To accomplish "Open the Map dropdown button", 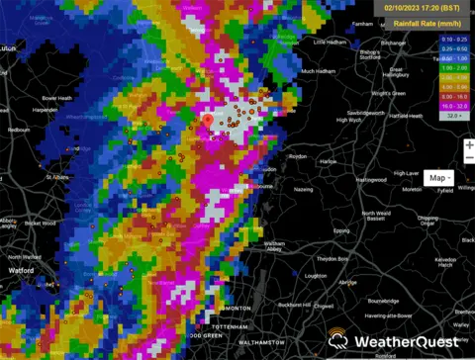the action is [438, 178].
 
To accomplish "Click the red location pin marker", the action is [208, 122].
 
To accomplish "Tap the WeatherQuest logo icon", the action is [338, 339].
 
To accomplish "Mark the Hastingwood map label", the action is [371, 179].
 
